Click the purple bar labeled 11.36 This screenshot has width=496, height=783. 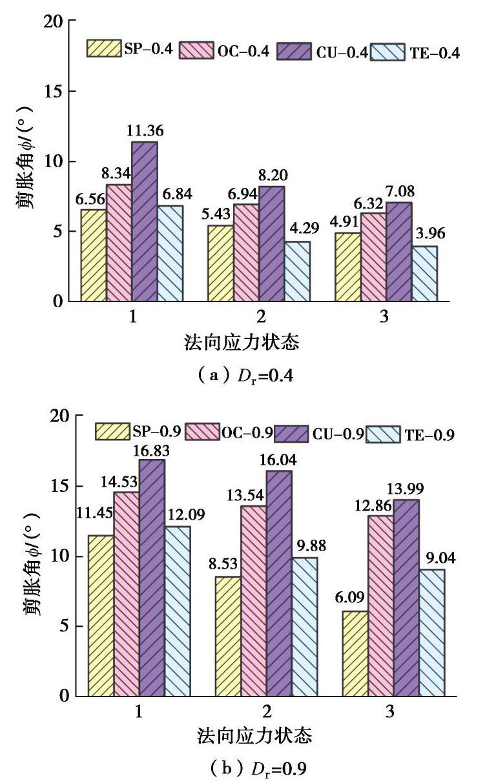coord(145,221)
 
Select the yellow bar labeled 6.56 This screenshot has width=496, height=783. coord(94,255)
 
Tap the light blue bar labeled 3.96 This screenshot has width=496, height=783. coord(424,273)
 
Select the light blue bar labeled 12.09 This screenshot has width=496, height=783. coord(177,611)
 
